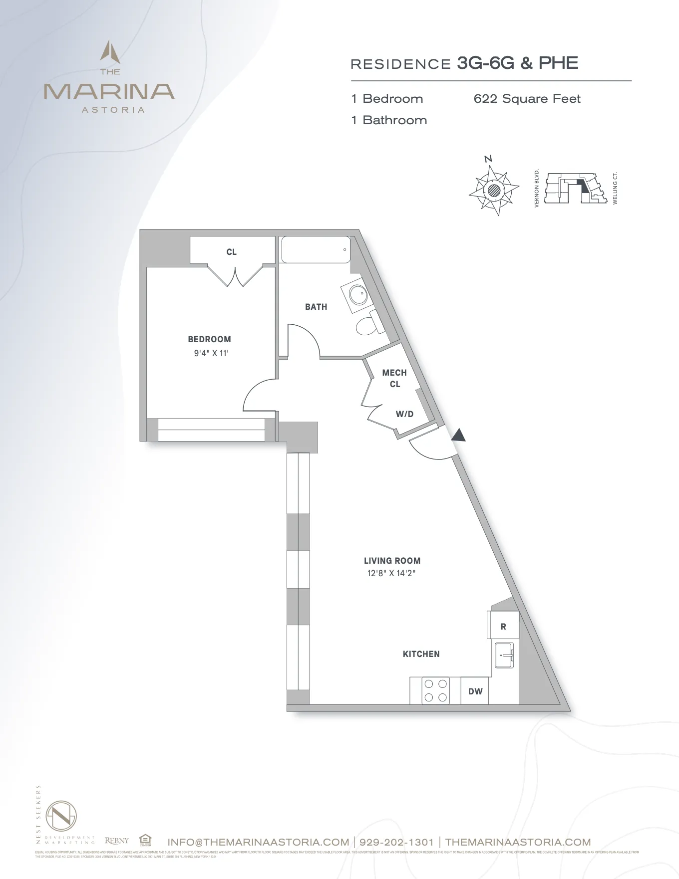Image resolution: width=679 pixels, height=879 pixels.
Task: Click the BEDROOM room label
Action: coord(209,339)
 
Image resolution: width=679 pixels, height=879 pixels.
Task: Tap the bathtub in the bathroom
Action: coord(316,249)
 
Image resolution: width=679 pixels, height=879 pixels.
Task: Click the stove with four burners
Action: coord(435,690)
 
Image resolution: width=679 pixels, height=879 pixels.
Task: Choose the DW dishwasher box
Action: coord(475,691)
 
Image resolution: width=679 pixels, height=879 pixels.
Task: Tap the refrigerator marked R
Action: coord(503,626)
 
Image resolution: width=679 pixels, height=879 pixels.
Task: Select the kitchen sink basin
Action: coord(504,655)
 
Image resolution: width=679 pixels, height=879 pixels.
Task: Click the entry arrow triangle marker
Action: coord(458,436)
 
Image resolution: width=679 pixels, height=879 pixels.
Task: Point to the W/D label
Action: coord(404,414)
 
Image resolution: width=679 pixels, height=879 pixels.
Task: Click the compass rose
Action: coord(493,190)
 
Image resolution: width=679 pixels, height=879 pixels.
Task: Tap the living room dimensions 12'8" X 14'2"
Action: coord(391,573)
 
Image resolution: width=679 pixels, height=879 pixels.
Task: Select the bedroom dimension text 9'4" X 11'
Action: coord(211,353)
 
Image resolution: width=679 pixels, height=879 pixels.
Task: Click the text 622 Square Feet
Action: coord(527,99)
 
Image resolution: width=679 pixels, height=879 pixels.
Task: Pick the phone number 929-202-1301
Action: coord(396,842)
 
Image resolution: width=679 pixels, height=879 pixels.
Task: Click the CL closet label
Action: coord(231,252)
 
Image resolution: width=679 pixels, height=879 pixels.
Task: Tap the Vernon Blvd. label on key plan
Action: coord(537,188)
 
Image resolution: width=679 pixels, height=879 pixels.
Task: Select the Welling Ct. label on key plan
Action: coord(615,188)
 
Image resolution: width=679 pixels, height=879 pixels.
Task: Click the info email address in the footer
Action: coord(258,842)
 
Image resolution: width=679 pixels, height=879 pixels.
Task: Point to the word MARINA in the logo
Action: coord(109,91)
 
